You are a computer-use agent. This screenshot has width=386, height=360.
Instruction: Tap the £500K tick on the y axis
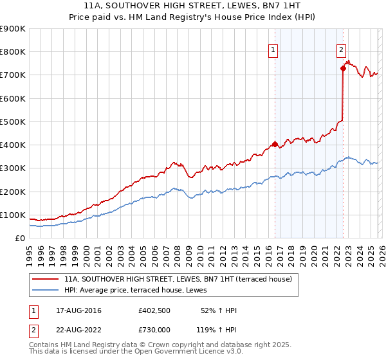pyautogui.click(x=13, y=122)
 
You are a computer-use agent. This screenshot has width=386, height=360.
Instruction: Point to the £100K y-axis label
pyautogui.click(x=13, y=215)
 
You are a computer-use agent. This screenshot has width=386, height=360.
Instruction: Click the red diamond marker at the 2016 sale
pyautogui.click(x=275, y=144)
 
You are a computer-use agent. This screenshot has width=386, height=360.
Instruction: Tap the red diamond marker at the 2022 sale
pyautogui.click(x=343, y=69)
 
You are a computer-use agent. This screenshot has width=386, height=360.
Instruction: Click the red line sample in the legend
pyautogui.click(x=45, y=279)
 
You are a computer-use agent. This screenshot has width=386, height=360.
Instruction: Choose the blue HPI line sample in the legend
pyautogui.click(x=45, y=290)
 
